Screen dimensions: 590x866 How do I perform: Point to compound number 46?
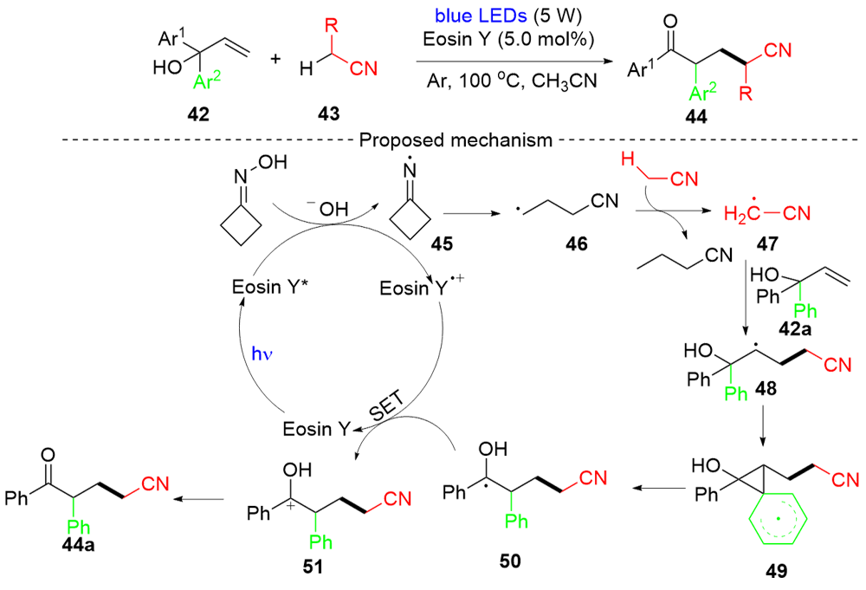(x=576, y=243)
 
